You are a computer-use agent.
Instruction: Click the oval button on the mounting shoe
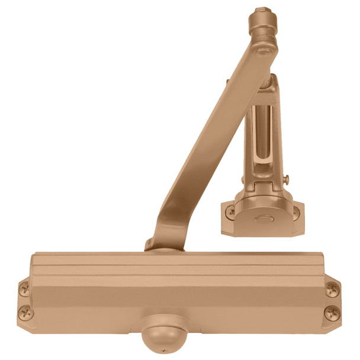[x=261, y=218]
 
